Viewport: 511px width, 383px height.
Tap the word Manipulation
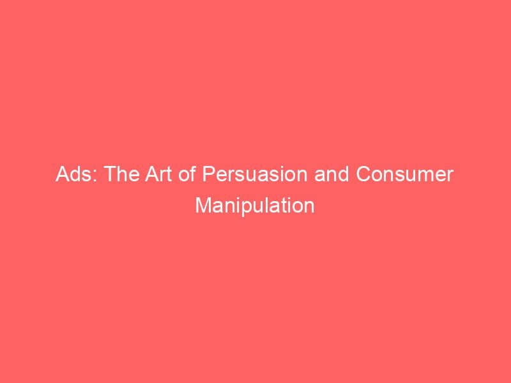(x=255, y=206)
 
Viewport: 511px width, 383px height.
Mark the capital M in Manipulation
(x=203, y=206)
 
